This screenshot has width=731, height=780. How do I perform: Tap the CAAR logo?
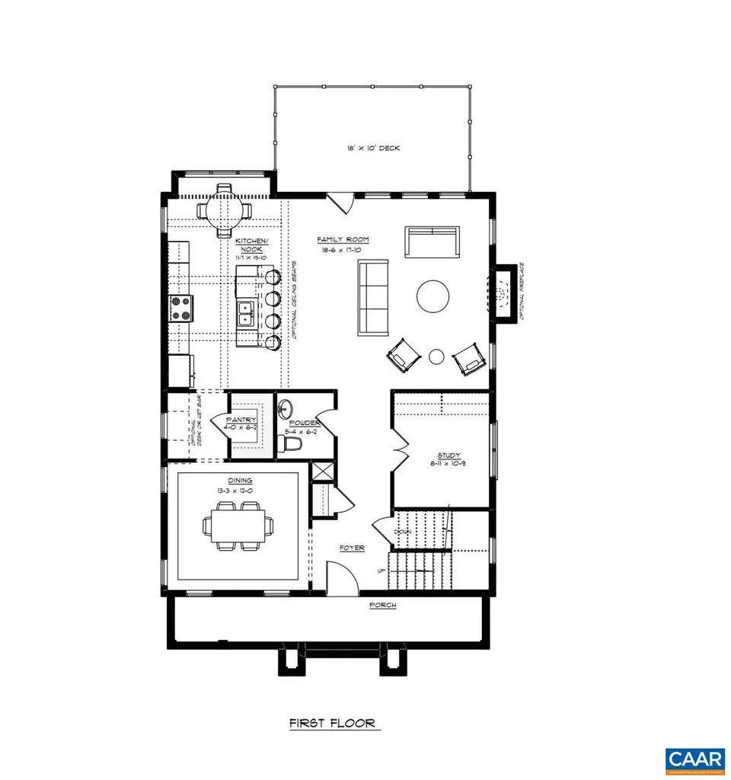coord(694,759)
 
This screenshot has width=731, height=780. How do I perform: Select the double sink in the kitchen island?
coord(245,313)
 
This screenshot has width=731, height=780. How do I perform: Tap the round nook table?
coord(224,208)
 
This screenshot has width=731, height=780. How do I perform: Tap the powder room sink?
coord(285,408)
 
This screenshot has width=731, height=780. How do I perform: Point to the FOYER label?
coord(352,548)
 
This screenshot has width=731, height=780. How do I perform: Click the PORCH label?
coord(382,605)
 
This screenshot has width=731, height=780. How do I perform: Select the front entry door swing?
coord(340,577)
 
